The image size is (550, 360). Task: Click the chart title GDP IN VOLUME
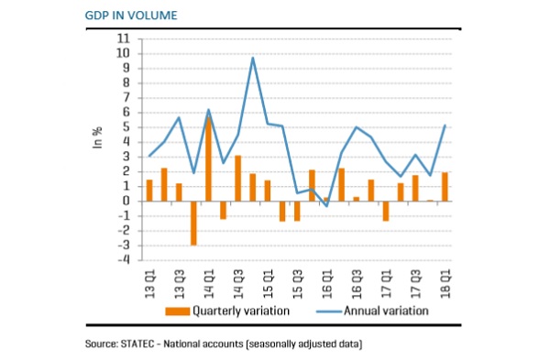click(131, 16)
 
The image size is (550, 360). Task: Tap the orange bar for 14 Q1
click(208, 158)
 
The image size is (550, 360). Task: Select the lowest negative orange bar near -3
click(193, 224)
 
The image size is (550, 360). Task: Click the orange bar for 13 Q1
click(149, 191)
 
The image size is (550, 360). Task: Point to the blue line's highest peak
click(253, 58)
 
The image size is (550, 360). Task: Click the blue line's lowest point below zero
click(326, 206)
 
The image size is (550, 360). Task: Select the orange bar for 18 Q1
click(445, 187)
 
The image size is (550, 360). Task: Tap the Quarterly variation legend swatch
click(178, 311)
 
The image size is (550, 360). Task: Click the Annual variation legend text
click(386, 311)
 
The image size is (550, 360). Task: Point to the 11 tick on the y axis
click(123, 38)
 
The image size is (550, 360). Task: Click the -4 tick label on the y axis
click(123, 260)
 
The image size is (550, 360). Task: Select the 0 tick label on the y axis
click(126, 201)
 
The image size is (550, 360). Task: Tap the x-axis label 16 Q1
click(326, 284)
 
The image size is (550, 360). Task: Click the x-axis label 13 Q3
click(179, 284)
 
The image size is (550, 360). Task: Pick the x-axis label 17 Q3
click(415, 284)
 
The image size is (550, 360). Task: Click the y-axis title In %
click(97, 137)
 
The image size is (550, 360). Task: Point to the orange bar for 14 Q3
click(237, 179)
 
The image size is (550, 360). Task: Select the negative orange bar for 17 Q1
click(386, 211)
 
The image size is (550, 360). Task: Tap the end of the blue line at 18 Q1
click(445, 125)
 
